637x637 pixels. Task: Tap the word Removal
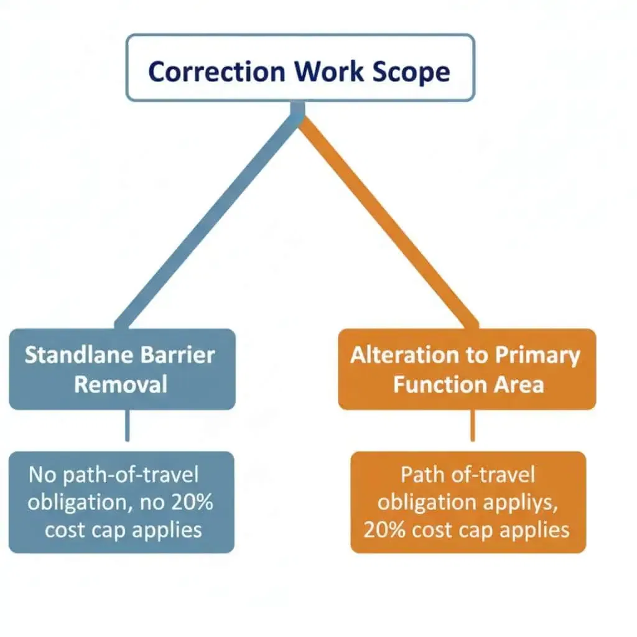tap(121, 383)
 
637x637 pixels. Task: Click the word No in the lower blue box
tap(42, 475)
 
